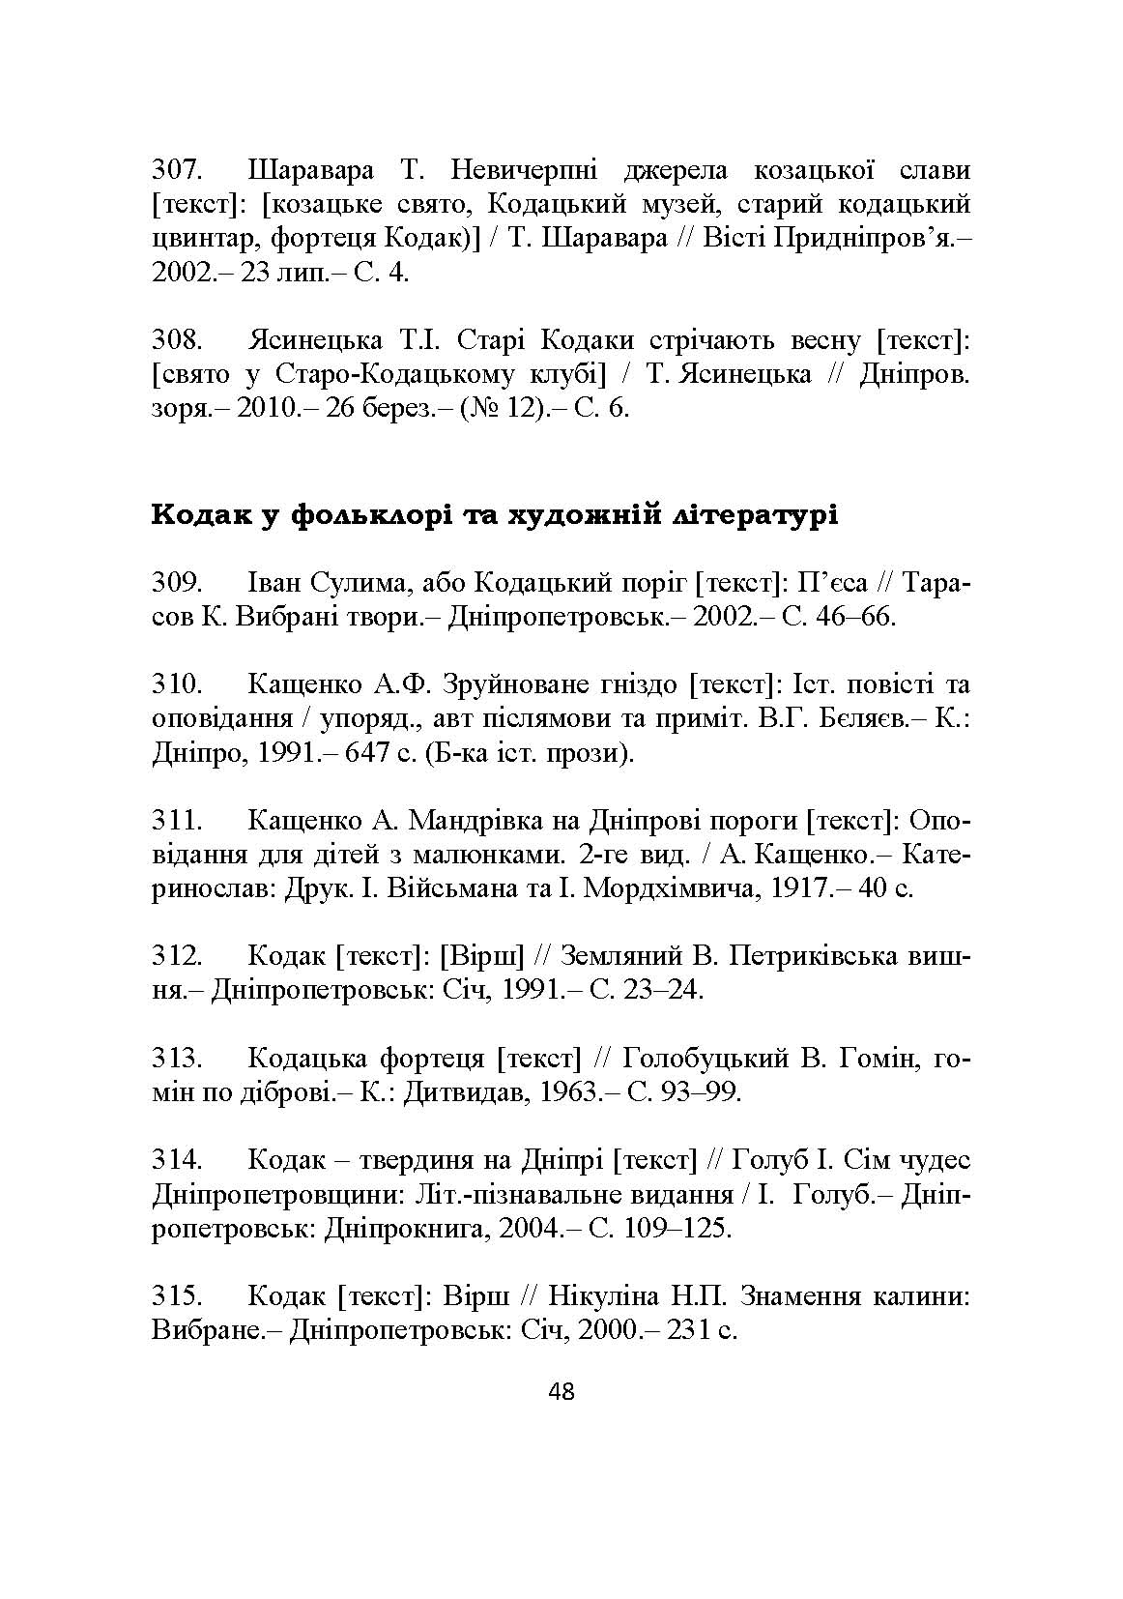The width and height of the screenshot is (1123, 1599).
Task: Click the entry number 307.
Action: tap(177, 172)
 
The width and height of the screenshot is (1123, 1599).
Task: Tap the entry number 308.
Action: tap(177, 340)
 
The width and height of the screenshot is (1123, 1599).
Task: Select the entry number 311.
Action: tap(177, 821)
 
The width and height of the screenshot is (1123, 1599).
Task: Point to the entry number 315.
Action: tap(177, 1295)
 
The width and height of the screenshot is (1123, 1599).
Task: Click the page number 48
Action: tap(561, 1392)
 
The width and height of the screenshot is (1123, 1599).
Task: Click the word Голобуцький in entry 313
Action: tap(705, 1059)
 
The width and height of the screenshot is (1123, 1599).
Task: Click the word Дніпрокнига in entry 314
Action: tap(409, 1228)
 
